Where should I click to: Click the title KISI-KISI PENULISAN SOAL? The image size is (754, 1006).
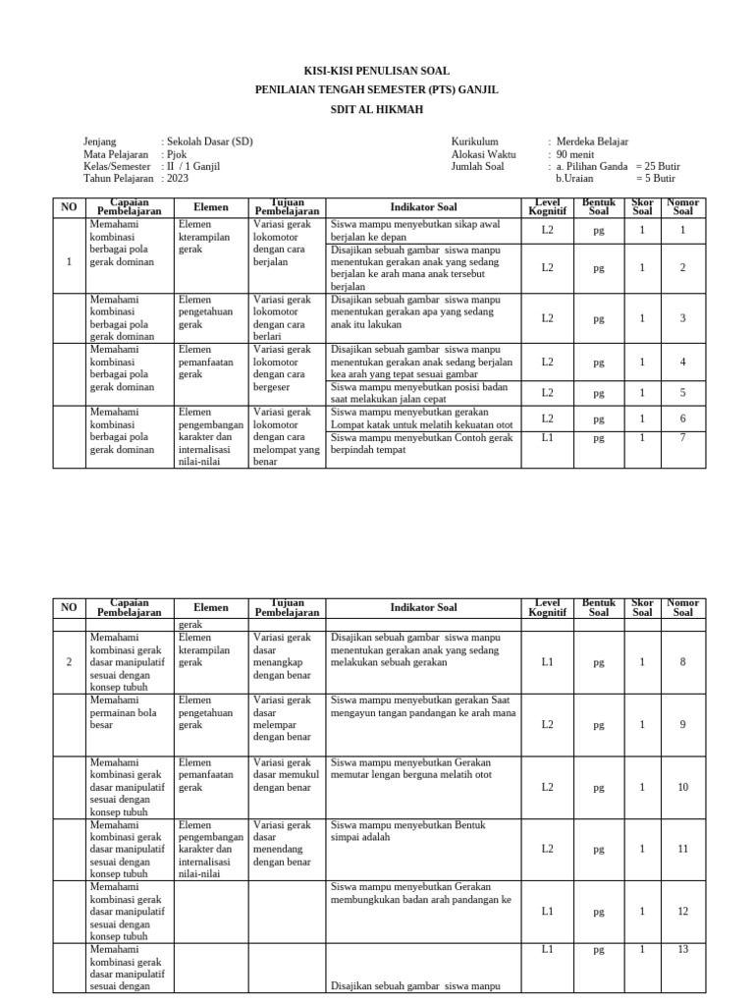pos(376,71)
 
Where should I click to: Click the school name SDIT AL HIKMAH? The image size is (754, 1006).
pos(376,110)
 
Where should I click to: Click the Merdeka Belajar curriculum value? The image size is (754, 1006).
pos(592,141)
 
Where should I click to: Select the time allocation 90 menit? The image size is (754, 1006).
pos(576,154)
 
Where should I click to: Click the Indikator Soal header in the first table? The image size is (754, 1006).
pos(423,207)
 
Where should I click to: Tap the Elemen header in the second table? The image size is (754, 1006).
pos(211,607)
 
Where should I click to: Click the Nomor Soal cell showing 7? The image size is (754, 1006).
pos(682,437)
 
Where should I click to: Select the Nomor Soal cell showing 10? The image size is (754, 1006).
pos(682,787)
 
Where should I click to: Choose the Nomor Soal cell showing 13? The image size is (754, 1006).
pos(682,949)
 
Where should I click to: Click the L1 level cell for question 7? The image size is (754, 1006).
pos(547,437)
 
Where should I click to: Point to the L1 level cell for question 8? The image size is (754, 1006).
pos(547,662)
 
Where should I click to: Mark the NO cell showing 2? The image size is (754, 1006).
pos(69,662)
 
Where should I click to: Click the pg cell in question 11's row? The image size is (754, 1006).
pos(598,849)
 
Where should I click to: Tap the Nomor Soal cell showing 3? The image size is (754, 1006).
pos(682,317)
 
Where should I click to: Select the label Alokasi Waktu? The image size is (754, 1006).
pos(484,154)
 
